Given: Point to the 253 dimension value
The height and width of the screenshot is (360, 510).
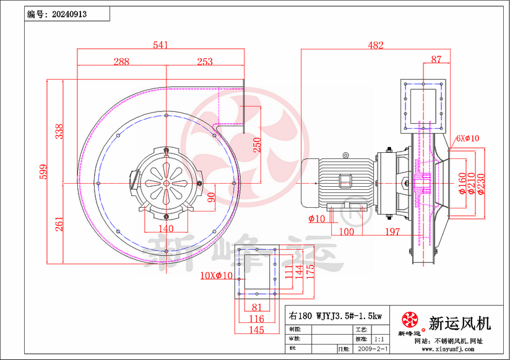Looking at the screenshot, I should tap(204, 61).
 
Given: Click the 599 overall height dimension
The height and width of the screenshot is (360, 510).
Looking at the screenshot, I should tap(44, 172).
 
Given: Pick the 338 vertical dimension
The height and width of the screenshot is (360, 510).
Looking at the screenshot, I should tap(59, 132).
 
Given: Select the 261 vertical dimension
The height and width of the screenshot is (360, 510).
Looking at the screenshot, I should tap(59, 225).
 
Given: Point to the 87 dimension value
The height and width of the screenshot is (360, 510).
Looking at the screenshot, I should tap(437, 59).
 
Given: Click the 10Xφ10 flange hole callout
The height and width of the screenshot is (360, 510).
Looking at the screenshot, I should tap(216, 275).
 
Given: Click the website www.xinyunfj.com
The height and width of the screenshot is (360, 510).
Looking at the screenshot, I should tap(448, 349).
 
